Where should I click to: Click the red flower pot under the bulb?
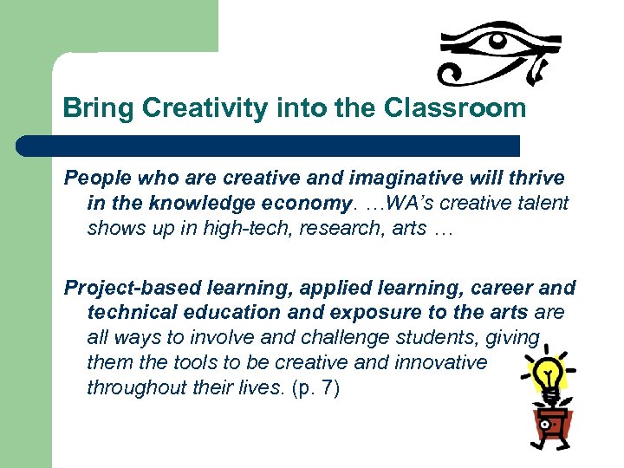point(549,424)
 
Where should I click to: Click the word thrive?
point(534,179)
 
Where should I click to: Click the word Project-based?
point(127,288)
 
